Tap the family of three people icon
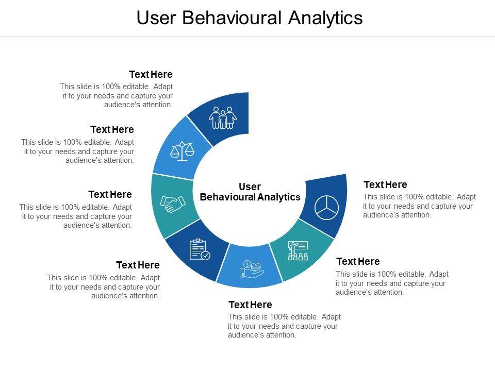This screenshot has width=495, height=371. [x=223, y=118]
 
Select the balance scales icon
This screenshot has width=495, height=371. [x=183, y=151]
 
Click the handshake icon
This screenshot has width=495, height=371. [x=173, y=204]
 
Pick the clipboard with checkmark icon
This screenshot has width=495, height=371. [x=200, y=250]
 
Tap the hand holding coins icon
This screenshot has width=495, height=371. [x=251, y=268]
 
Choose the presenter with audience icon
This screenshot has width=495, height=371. [x=298, y=250]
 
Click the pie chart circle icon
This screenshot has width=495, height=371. [x=326, y=207]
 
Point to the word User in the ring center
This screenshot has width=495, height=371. [x=250, y=187]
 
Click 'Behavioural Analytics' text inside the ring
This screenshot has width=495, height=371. [x=250, y=197]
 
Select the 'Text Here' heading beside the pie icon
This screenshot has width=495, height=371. [x=385, y=184]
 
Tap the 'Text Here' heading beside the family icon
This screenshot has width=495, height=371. [x=151, y=75]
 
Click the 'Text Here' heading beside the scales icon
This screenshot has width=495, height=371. [x=112, y=129]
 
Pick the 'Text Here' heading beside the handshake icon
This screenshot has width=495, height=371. [x=110, y=194]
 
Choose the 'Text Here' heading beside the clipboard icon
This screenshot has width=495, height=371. [x=138, y=265]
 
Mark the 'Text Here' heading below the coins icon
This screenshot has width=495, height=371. [x=250, y=305]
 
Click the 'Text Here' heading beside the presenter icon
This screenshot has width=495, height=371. [x=358, y=261]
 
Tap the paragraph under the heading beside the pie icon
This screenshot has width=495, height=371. [x=419, y=206]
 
